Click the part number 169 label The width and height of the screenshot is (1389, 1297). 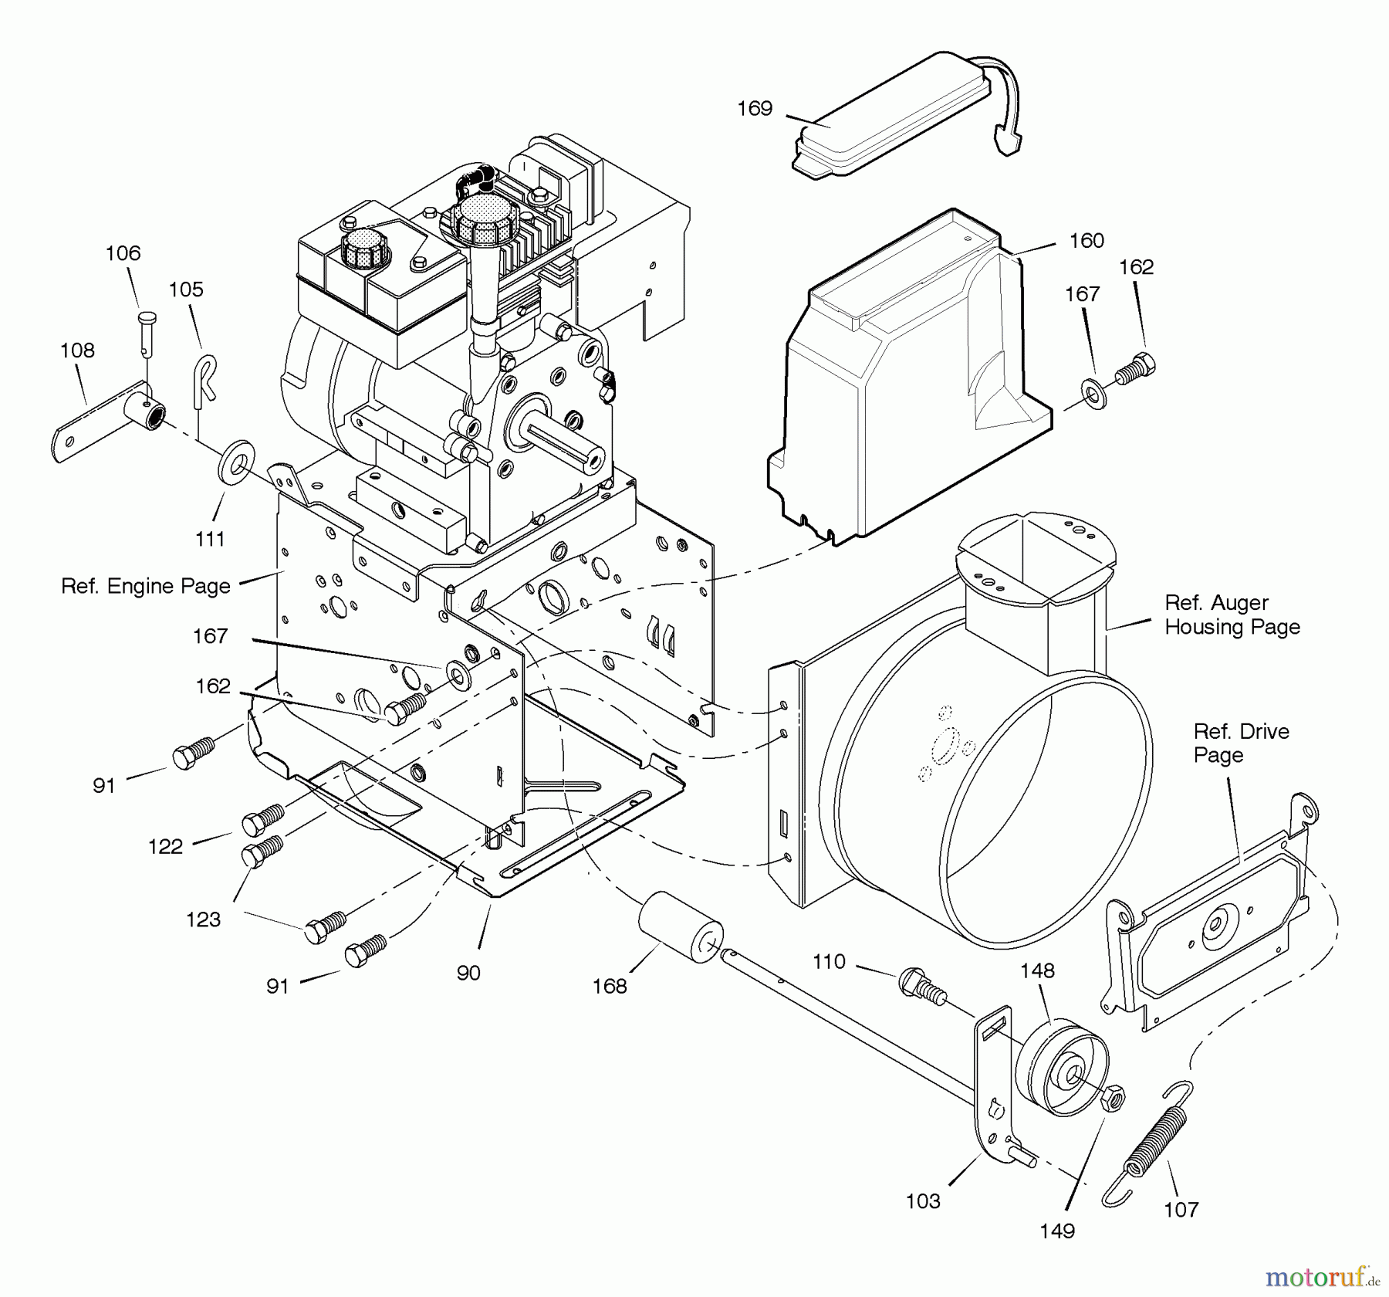[754, 109]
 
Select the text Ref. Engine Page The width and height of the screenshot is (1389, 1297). [146, 586]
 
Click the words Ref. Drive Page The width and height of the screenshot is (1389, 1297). [1241, 743]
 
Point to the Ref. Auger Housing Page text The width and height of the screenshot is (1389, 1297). [1232, 615]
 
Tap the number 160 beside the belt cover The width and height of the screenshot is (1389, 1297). [1087, 241]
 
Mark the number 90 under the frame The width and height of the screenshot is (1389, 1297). [468, 973]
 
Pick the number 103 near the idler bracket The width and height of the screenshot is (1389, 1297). [923, 1200]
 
